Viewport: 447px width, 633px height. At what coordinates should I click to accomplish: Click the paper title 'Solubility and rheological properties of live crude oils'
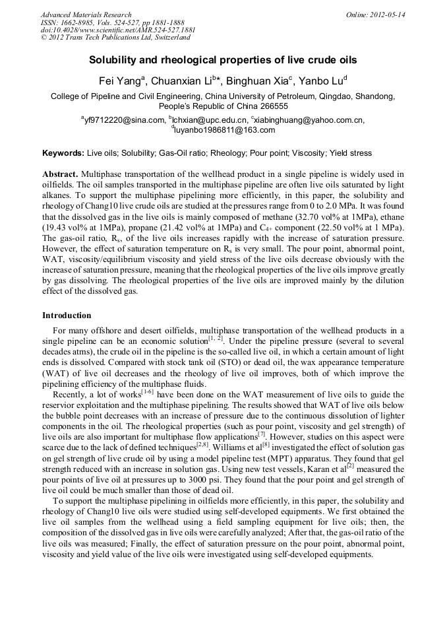(x=223, y=60)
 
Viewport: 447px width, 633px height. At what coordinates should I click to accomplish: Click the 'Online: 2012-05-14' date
(x=375, y=15)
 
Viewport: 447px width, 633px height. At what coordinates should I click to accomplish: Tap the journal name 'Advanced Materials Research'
(x=86, y=15)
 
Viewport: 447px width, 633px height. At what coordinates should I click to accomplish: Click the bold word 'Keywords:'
(x=63, y=153)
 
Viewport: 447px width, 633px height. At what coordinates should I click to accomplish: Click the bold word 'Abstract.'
(x=61, y=174)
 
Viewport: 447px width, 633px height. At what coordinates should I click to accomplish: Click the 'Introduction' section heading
(x=67, y=316)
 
